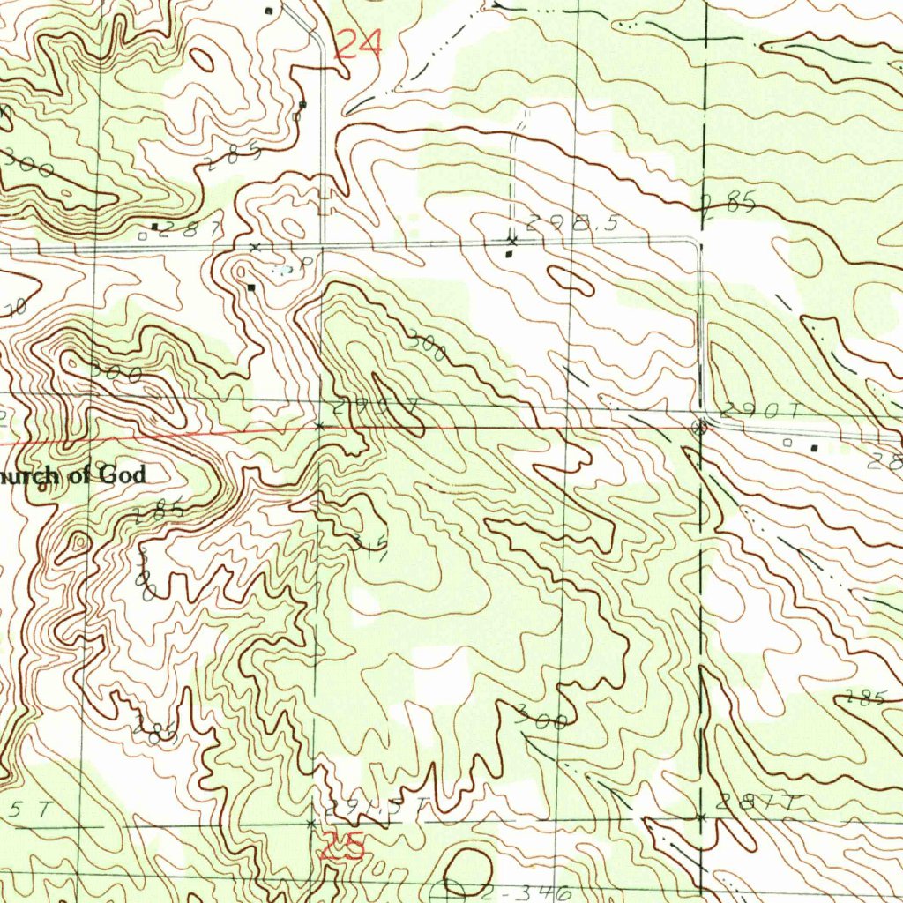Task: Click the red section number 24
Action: tap(359, 44)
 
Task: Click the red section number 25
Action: tap(341, 847)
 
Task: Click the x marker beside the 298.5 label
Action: tap(511, 240)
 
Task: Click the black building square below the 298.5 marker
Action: tap(508, 254)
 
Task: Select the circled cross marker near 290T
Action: tap(701, 428)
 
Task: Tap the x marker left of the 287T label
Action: tap(701, 817)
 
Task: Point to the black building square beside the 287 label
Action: tap(156, 227)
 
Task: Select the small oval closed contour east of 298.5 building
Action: tap(571, 280)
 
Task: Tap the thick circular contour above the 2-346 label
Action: tap(468, 869)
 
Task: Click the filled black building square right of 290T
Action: tap(814, 448)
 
